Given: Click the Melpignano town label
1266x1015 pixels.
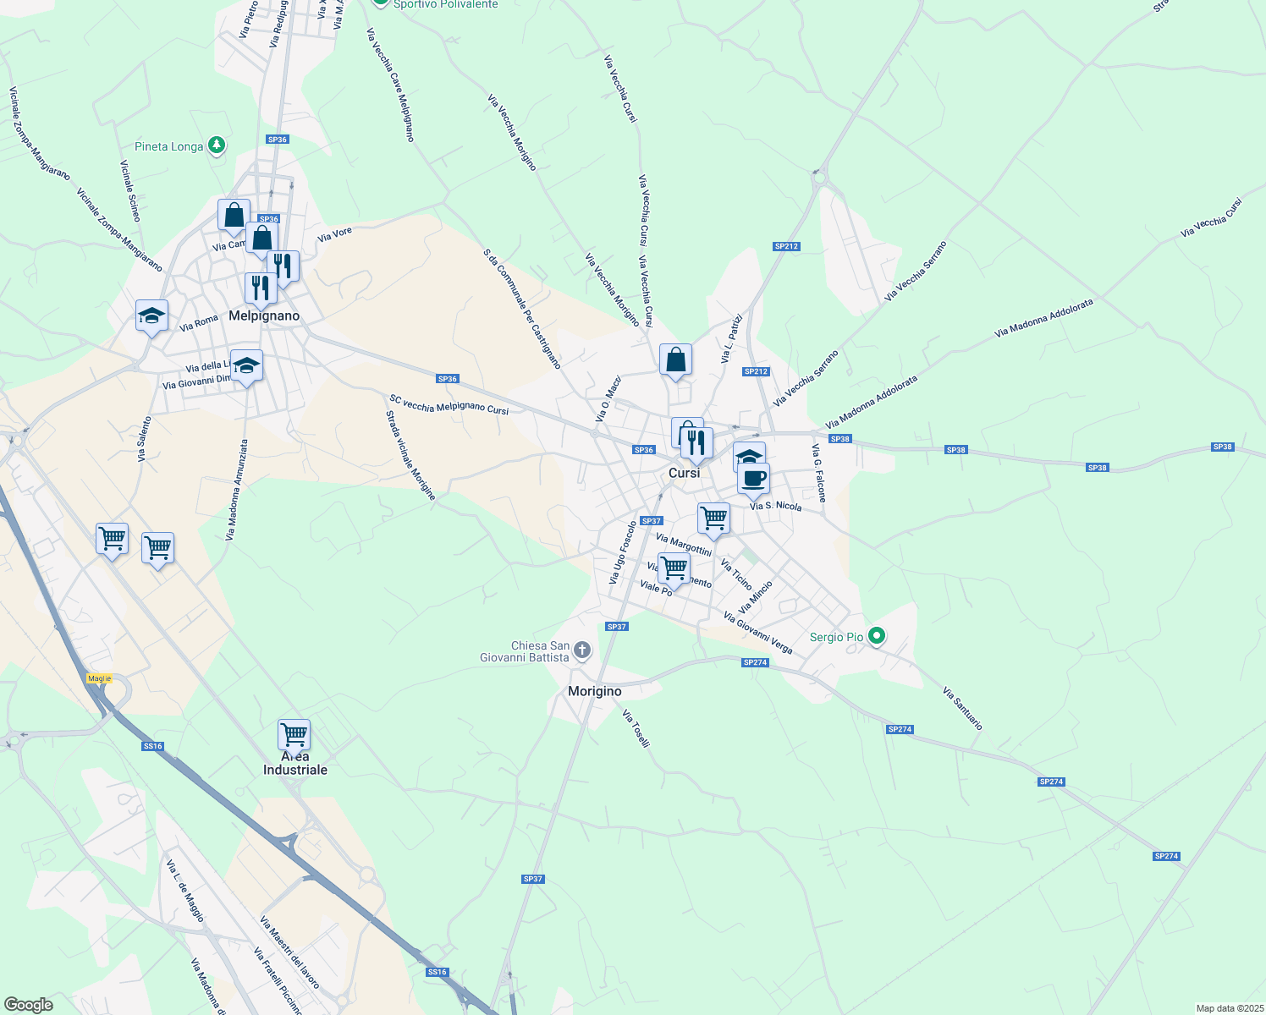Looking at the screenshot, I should click(264, 315).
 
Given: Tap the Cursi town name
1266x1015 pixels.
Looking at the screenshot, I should click(684, 473).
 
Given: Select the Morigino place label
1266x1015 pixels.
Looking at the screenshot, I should click(594, 691).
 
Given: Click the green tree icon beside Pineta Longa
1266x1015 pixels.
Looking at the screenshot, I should click(217, 146).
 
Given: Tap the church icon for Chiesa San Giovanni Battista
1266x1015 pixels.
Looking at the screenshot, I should click(581, 650).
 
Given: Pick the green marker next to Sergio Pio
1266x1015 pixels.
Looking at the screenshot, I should click(877, 636).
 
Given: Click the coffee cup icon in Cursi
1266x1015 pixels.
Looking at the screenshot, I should click(753, 479).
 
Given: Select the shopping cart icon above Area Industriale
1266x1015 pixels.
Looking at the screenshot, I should click(294, 735).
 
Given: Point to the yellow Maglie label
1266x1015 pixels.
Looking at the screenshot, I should click(99, 678).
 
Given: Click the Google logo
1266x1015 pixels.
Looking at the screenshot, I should click(29, 1005).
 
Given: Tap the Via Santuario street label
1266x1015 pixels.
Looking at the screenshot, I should click(962, 709).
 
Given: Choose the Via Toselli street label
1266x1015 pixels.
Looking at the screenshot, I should click(636, 728).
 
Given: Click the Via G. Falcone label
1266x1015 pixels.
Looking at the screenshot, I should click(819, 473).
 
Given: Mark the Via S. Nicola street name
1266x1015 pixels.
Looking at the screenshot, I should click(776, 506).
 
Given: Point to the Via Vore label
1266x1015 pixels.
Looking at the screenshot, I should click(334, 234).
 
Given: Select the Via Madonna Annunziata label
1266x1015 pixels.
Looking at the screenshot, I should click(237, 489).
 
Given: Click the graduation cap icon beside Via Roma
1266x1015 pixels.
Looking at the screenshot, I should click(151, 316).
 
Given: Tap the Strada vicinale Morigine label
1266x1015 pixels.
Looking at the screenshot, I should click(410, 455).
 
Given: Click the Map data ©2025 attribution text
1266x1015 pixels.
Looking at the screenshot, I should click(1230, 1008).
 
